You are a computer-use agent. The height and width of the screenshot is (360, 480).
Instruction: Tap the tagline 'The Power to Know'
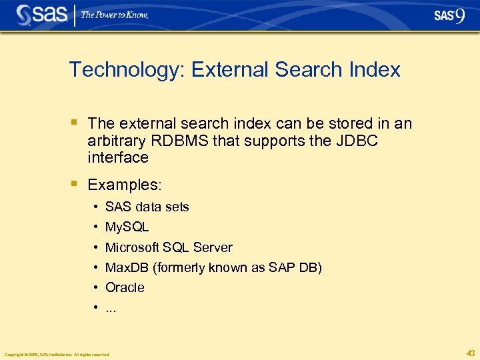point(115,15)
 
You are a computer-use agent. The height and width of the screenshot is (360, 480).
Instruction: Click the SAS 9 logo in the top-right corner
point(449,16)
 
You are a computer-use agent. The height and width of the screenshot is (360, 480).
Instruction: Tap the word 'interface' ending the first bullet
point(118,157)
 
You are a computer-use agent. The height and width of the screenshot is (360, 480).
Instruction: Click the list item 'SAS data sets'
point(147,207)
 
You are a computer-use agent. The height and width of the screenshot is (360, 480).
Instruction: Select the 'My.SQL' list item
point(127,227)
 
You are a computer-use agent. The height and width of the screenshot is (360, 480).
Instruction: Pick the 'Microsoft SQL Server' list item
point(169,247)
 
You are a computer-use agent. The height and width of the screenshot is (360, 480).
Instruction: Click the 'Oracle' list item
point(125,287)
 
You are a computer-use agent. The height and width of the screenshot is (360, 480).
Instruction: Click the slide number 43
point(471,353)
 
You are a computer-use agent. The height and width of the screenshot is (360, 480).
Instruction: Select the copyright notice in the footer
point(57,354)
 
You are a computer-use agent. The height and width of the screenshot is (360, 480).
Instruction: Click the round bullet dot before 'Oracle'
point(97,288)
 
